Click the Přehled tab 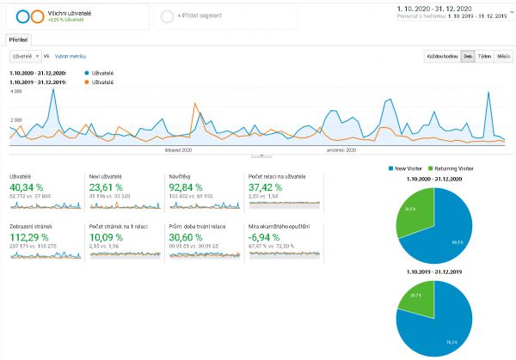(17, 40)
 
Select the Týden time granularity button (484, 57)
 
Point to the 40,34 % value (27, 186)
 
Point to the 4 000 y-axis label (16, 91)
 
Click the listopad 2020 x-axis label (179, 149)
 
